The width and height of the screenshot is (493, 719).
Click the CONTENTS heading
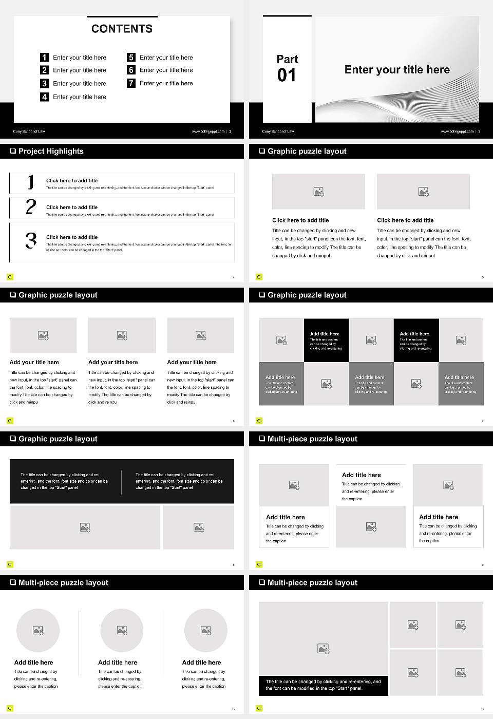coord(122,29)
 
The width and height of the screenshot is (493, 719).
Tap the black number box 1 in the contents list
coord(45,58)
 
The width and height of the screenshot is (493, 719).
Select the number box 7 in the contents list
coord(131,83)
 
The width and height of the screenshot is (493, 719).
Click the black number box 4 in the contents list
coord(45,97)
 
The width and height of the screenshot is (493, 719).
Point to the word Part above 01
coord(287,59)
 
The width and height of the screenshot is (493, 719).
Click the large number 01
coord(287,75)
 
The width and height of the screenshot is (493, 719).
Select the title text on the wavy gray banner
coord(396,70)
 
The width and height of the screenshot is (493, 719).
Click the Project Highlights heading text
coord(51,151)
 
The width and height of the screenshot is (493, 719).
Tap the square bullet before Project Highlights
coord(13,151)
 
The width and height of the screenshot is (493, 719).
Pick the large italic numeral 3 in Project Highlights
coord(31,240)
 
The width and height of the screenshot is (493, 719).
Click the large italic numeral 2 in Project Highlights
coord(31,207)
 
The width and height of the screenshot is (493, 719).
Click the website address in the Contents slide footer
coord(208,131)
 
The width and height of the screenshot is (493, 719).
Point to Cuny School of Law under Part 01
coord(278,131)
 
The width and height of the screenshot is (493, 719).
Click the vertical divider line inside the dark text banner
coord(122,482)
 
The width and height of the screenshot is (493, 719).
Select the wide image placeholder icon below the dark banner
coord(85,527)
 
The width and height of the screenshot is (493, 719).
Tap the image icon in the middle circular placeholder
coord(122,630)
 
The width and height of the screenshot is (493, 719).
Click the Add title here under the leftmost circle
coord(34,663)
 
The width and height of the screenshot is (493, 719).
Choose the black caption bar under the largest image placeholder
coord(323,685)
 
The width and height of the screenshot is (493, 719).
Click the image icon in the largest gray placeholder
coord(323,649)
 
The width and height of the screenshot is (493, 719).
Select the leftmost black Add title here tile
coord(326,340)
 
